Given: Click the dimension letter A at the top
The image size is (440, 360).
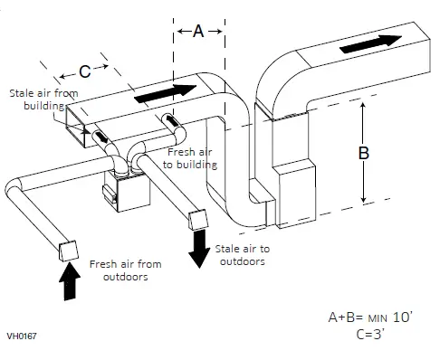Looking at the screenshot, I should point(197,30).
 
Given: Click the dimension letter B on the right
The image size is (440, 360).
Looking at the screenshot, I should point(363,153).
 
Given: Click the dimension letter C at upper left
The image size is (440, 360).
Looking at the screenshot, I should point(84,70).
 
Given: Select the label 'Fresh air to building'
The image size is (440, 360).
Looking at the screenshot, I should point(191,158).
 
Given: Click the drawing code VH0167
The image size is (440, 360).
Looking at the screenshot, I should point(21,336).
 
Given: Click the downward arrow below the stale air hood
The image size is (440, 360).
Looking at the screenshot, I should point(196,249).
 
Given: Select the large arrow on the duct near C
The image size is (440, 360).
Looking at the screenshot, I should point(163,93).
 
